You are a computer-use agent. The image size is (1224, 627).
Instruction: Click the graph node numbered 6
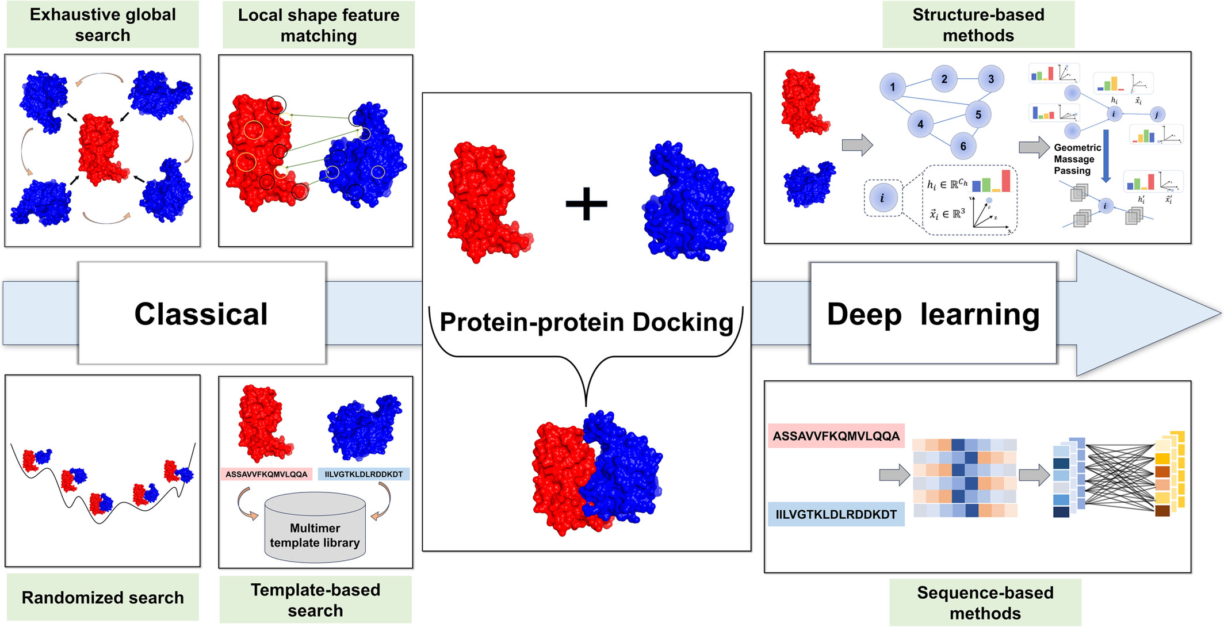click(963, 146)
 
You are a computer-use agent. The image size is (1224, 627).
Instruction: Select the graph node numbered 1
click(892, 87)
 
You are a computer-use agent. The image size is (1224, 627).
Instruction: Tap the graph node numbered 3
click(990, 79)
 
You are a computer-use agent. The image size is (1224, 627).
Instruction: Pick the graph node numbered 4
click(920, 124)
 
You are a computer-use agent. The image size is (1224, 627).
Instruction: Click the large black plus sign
click(586, 204)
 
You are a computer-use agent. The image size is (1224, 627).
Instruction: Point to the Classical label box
click(202, 313)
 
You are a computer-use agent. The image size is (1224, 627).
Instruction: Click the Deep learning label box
click(933, 313)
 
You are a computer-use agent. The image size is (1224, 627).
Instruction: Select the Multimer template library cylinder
click(315, 528)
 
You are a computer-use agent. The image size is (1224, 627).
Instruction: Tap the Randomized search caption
click(102, 598)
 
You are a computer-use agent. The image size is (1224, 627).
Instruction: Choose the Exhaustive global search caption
click(102, 25)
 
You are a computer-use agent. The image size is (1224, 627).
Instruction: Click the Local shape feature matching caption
click(318, 25)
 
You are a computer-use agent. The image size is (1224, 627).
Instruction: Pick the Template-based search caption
click(315, 600)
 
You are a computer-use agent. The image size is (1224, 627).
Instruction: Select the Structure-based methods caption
click(978, 25)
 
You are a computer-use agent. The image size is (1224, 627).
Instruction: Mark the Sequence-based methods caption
click(985, 602)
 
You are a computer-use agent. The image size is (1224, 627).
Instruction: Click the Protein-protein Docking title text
click(586, 322)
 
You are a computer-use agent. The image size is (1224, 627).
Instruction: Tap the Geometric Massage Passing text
click(1077, 159)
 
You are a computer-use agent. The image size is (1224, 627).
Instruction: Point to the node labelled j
click(1157, 115)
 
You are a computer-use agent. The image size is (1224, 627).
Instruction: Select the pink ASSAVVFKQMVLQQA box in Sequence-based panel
click(836, 436)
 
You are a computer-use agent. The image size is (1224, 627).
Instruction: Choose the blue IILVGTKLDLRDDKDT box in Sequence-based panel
click(836, 514)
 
